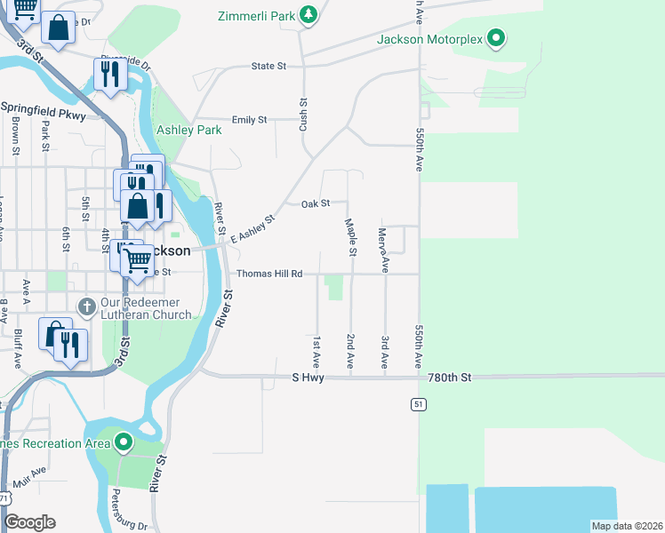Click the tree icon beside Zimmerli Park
click(x=308, y=14)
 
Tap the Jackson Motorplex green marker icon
click(x=498, y=39)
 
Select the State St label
click(x=268, y=67)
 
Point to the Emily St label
click(x=249, y=120)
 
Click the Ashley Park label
click(x=188, y=130)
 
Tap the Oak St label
click(x=316, y=203)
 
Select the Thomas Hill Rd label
click(x=269, y=274)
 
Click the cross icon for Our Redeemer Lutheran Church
click(x=86, y=306)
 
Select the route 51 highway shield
click(x=417, y=404)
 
